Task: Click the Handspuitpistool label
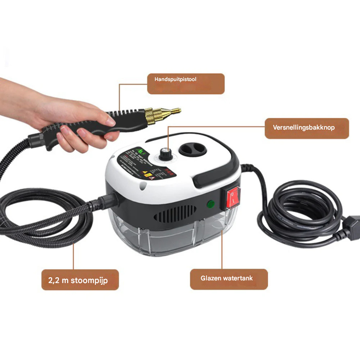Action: click(x=185, y=84)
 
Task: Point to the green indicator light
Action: click(x=210, y=204)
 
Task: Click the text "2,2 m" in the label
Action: click(x=58, y=280)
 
